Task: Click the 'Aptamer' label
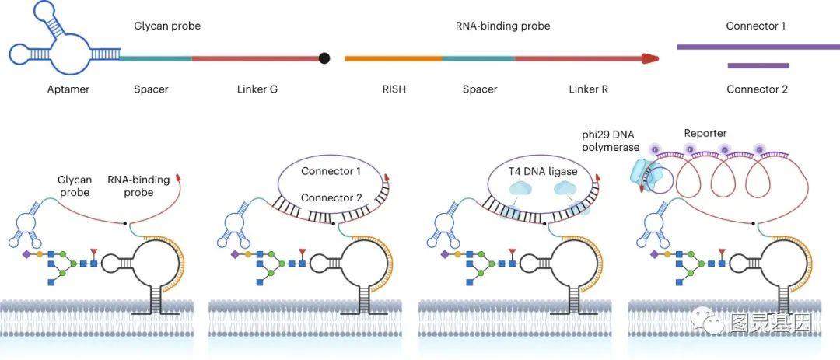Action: point(68,89)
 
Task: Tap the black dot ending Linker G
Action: point(324,58)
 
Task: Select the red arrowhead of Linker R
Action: point(649,58)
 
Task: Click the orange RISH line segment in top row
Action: point(394,58)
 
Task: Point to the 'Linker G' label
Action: point(257,89)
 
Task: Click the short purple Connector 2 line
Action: point(758,66)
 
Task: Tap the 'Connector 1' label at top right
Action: point(756,26)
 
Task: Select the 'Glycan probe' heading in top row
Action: point(167,26)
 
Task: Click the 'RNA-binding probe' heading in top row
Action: point(502,26)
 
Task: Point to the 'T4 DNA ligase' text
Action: point(543,171)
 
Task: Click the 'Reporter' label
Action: point(705,134)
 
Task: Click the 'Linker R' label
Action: point(588,89)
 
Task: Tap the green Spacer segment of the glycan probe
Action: point(156,58)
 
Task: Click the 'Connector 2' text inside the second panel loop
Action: point(331,197)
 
